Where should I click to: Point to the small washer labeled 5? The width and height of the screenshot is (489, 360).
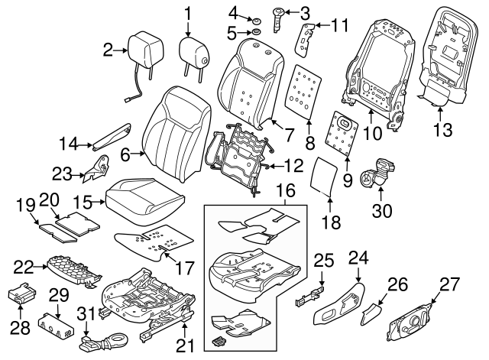point(257,33)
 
